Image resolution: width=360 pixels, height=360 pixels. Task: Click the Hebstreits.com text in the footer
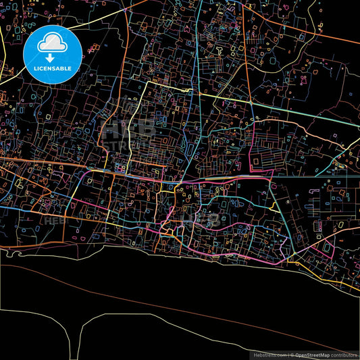pyautogui.click(x=269, y=354)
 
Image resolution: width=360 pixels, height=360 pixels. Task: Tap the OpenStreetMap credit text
pyautogui.click(x=311, y=354)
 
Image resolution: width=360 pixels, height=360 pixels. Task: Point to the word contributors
pyautogui.click(x=344, y=354)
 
